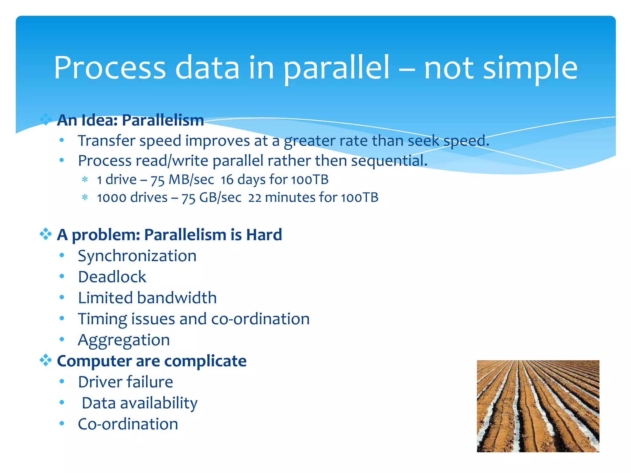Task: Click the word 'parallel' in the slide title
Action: point(336,68)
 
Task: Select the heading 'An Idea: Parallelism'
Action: point(130,120)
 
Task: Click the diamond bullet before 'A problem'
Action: point(46,234)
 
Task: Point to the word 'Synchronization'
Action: point(137,256)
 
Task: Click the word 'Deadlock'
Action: point(112,277)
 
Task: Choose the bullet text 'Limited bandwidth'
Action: point(147,298)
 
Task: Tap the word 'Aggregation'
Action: point(124,340)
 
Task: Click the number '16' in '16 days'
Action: point(227,180)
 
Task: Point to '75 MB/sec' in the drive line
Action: point(182,180)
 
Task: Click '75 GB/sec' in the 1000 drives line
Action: point(211,197)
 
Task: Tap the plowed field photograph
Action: point(538,406)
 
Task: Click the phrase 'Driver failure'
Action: point(125,382)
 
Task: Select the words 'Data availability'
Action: point(140,403)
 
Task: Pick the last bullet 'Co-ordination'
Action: point(128,424)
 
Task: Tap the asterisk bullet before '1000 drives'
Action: point(85,197)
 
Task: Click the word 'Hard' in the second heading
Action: point(264,235)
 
